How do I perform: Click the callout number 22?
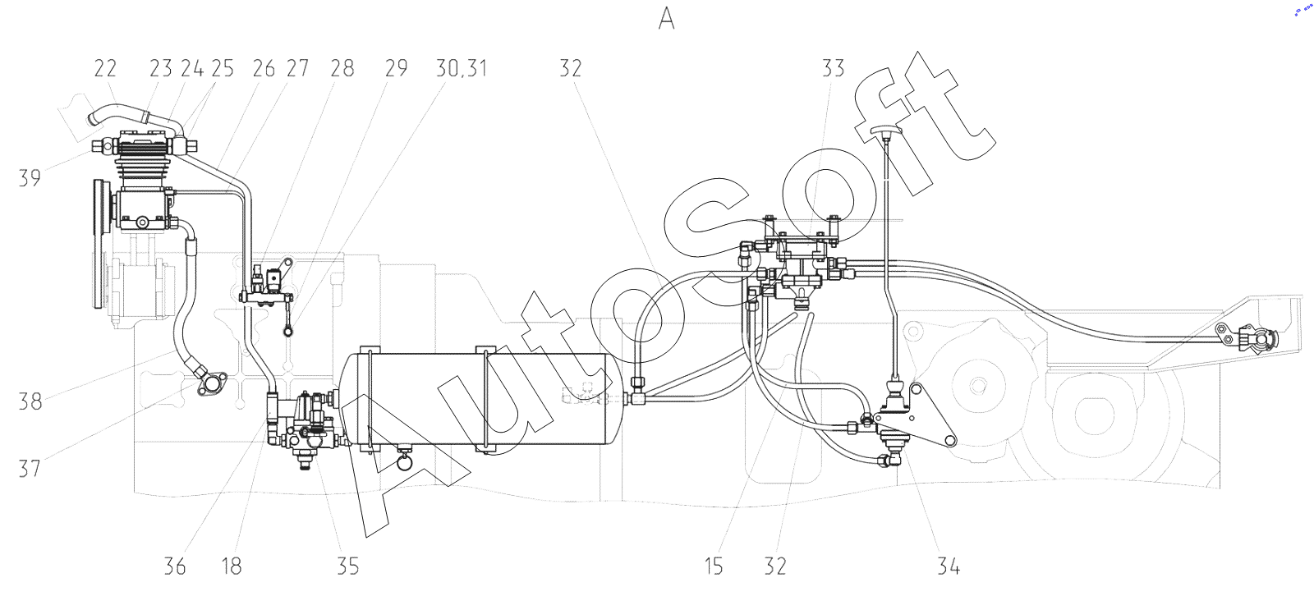(106, 68)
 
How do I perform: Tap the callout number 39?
(30, 178)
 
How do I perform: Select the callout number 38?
(30, 401)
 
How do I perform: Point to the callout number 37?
(30, 469)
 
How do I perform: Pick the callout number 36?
(175, 566)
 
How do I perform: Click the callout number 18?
(232, 566)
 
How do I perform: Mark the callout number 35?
(348, 566)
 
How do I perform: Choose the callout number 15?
(714, 566)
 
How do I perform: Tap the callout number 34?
(949, 566)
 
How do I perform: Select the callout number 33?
(833, 68)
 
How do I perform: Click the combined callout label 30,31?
(461, 69)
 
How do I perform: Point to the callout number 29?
(396, 68)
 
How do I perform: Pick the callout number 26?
(264, 68)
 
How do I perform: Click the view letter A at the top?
(666, 20)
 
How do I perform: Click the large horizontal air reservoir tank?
(477, 401)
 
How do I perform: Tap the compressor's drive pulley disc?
(98, 244)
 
